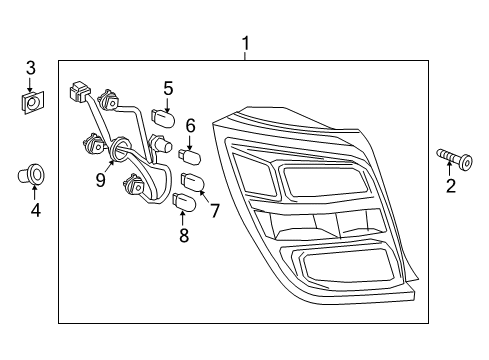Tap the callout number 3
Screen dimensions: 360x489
point(31,67)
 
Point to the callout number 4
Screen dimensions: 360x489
point(36,210)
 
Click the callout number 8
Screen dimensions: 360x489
point(182,236)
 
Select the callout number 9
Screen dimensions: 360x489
point(100,179)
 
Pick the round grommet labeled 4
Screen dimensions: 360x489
point(34,176)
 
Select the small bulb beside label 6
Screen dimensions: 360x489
point(190,156)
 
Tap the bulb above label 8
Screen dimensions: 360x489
point(181,204)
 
